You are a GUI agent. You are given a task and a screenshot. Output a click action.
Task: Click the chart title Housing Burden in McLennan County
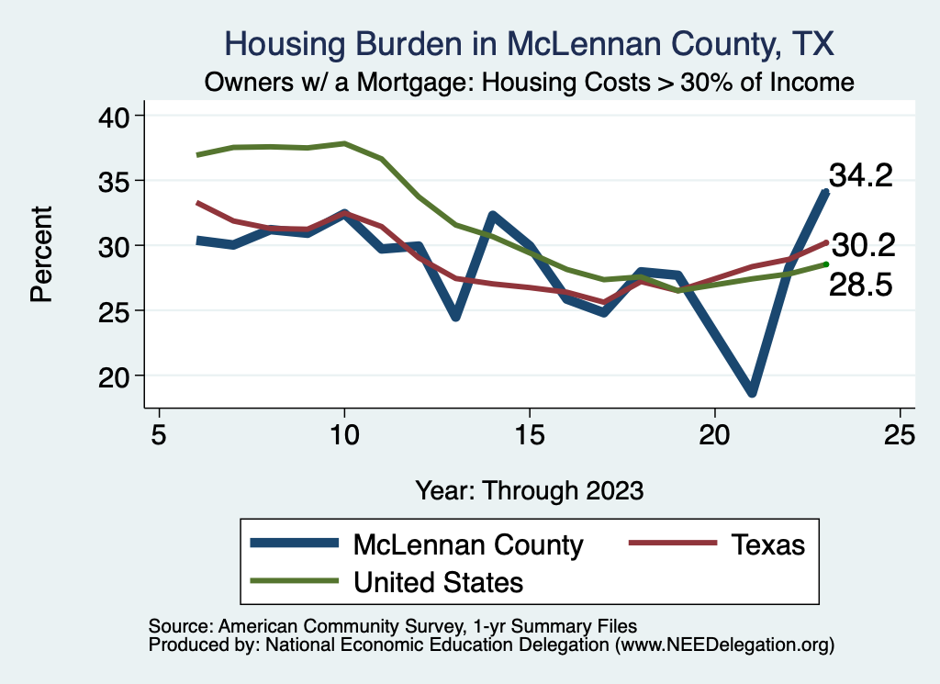[x=530, y=44]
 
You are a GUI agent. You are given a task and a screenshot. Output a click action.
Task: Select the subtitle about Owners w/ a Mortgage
[x=530, y=82]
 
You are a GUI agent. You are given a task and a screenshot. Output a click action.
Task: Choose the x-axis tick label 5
[x=159, y=433]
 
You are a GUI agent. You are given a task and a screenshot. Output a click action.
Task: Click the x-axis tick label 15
[x=529, y=433]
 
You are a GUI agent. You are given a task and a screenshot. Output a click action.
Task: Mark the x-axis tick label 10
[x=343, y=433]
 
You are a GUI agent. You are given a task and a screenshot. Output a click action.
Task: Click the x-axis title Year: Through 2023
[x=529, y=488]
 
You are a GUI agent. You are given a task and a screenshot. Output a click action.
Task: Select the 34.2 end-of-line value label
[x=861, y=175]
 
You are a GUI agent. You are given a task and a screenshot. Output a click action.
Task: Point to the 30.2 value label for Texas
[x=861, y=244]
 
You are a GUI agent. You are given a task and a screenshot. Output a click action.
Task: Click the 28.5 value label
[x=861, y=285]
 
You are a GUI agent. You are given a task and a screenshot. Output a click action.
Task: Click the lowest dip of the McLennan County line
[x=753, y=392]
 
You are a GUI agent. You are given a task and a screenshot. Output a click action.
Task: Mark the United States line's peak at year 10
[x=344, y=143]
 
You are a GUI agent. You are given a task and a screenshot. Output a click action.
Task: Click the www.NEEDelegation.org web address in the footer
[x=724, y=645]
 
